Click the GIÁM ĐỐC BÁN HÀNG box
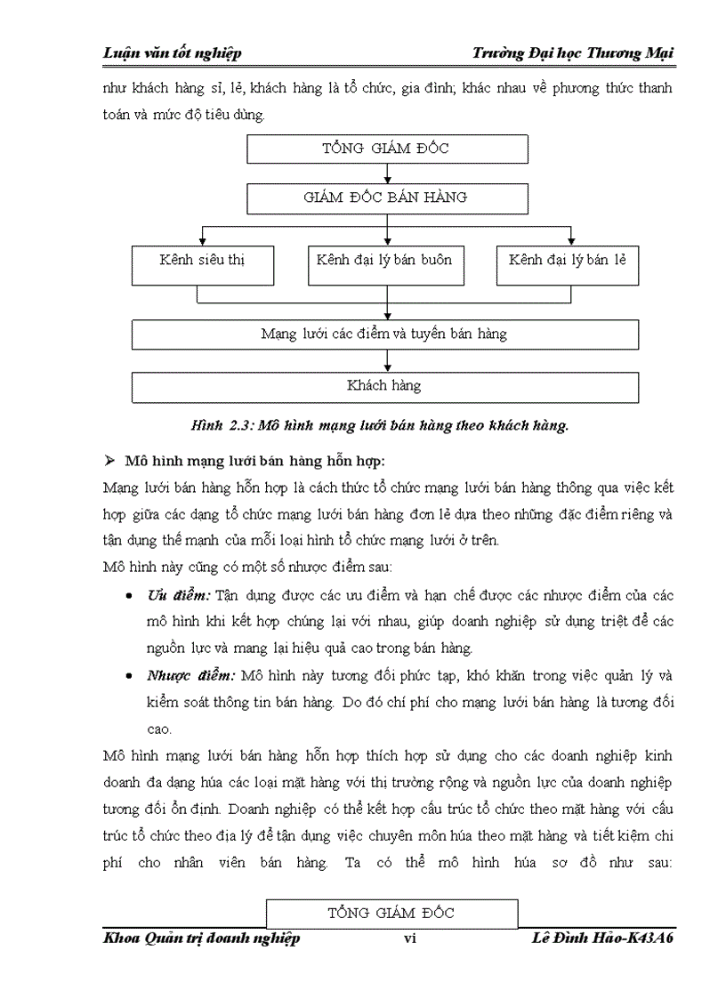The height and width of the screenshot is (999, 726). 385,197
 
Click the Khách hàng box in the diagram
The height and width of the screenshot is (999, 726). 385,386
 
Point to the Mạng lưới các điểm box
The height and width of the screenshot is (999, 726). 385,334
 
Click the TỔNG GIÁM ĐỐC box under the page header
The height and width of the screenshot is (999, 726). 385,149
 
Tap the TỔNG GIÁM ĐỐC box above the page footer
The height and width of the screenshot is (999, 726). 391,914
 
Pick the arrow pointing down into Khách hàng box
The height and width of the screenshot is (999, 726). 386,361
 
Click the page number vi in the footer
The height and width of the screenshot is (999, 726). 410,939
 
